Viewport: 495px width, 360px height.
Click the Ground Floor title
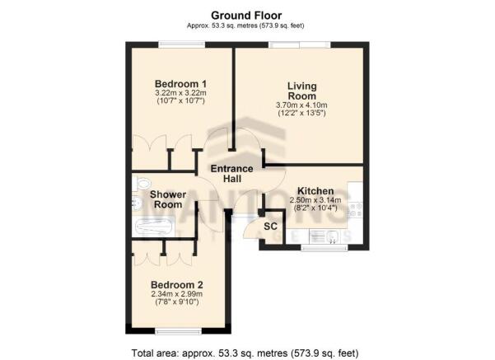point(246,15)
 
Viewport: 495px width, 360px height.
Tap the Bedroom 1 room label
point(180,84)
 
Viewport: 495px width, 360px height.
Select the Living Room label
point(301,91)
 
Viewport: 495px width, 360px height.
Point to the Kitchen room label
point(315,191)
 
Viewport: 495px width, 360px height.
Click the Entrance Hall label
point(232,174)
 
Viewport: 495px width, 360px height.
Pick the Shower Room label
point(168,199)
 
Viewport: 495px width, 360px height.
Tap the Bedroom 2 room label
point(177,285)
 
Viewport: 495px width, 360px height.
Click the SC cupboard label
point(270,226)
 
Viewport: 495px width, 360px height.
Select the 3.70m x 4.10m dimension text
point(301,105)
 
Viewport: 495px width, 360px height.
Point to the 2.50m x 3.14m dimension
point(315,200)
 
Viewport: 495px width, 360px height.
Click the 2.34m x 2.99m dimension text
point(177,294)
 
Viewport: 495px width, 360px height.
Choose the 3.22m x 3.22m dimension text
point(180,93)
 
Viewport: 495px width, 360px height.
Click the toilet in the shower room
point(141,183)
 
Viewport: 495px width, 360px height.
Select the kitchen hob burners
point(355,210)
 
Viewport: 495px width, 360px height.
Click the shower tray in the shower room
point(154,226)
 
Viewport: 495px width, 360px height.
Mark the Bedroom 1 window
point(181,44)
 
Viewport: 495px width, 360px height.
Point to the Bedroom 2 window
point(179,331)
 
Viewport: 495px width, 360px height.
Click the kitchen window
point(325,248)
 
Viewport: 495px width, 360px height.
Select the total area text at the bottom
point(245,353)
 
